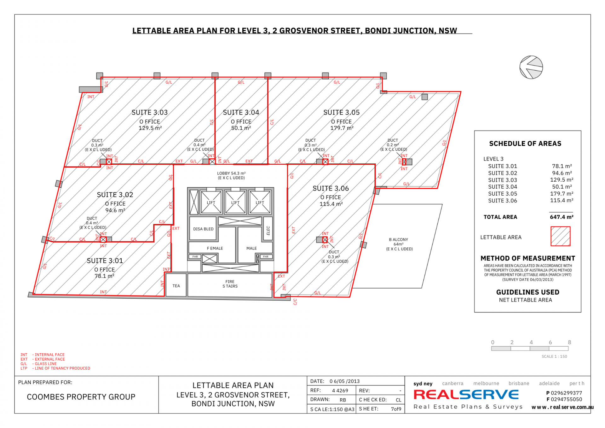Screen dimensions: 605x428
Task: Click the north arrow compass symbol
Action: point(531,67)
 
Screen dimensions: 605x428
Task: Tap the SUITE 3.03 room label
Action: point(149,113)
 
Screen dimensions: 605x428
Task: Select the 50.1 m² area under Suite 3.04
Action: point(241,128)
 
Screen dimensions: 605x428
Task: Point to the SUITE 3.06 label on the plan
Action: point(331,189)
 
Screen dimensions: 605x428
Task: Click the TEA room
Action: point(176,285)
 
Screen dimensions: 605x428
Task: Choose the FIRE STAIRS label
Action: point(230,284)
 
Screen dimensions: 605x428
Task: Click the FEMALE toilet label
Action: point(215,249)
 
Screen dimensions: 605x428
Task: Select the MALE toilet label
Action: point(251,249)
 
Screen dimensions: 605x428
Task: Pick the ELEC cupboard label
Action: point(268,231)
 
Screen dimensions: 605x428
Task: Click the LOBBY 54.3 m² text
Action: point(231,173)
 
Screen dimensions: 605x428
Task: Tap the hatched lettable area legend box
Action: point(560,236)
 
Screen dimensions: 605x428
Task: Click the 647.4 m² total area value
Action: point(562,217)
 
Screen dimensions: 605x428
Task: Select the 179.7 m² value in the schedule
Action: point(562,194)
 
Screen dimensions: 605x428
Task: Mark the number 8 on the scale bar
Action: point(569,343)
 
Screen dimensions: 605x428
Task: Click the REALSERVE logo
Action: point(466,395)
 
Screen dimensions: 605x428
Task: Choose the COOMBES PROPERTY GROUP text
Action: point(81,397)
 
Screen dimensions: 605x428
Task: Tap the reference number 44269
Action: point(340,391)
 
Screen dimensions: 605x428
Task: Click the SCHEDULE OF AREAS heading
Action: point(525,144)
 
